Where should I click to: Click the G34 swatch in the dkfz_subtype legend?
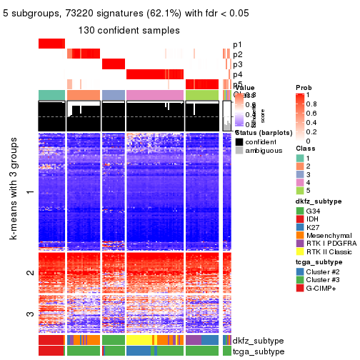[x=300, y=211]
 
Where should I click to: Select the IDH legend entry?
[x=300, y=221]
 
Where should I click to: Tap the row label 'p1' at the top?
[x=238, y=44]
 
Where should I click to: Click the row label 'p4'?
[x=238, y=74]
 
